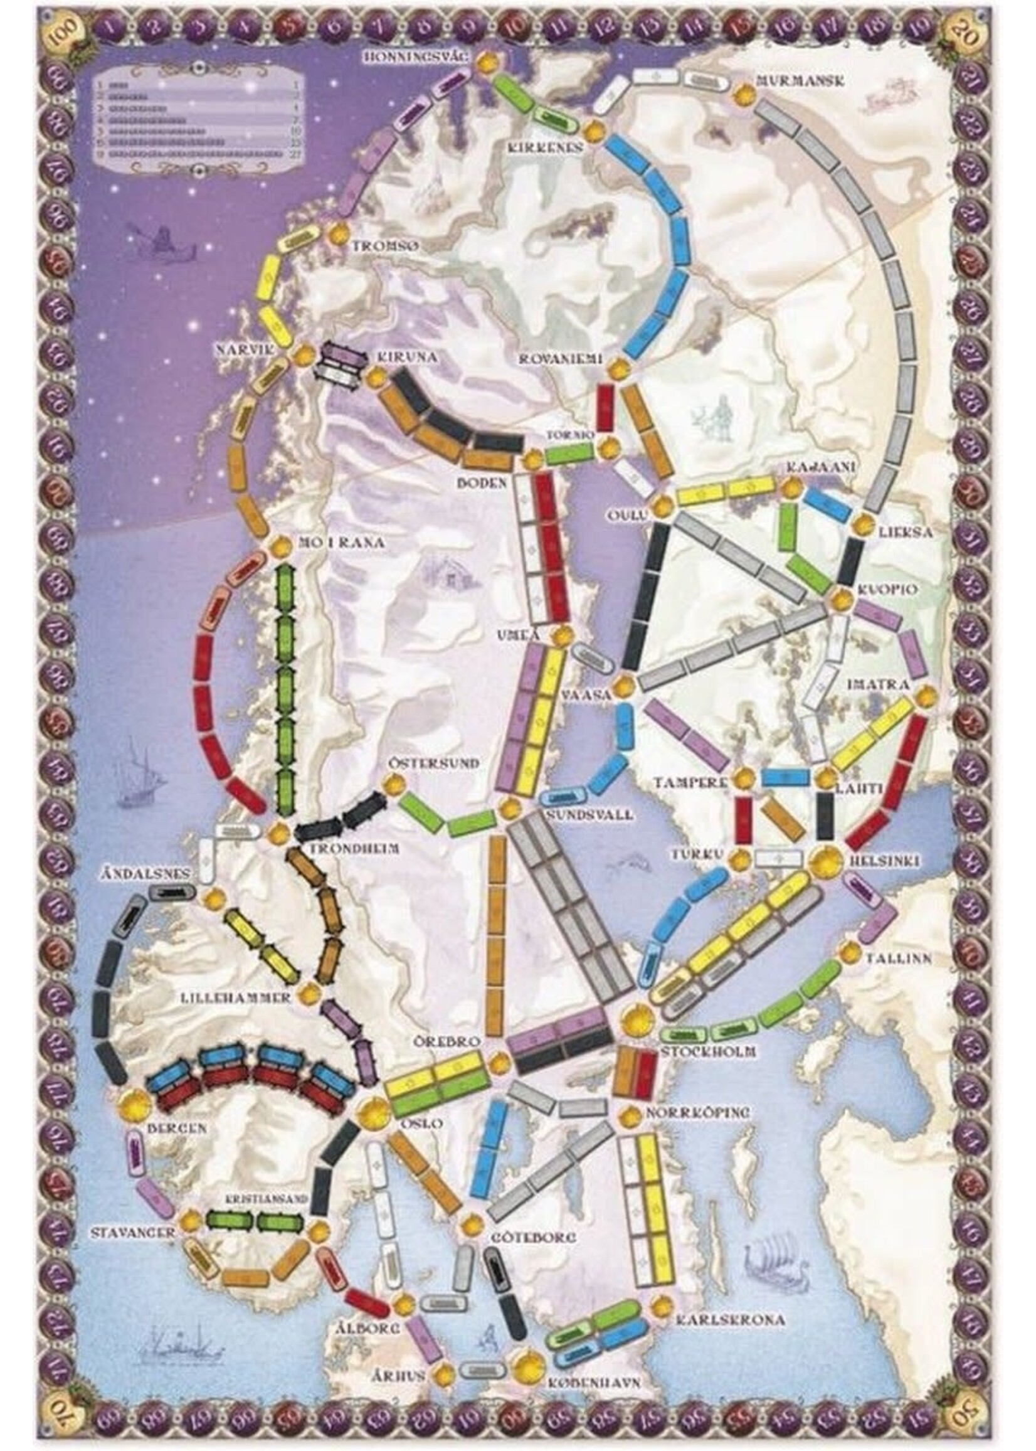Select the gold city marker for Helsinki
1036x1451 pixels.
(826, 861)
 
